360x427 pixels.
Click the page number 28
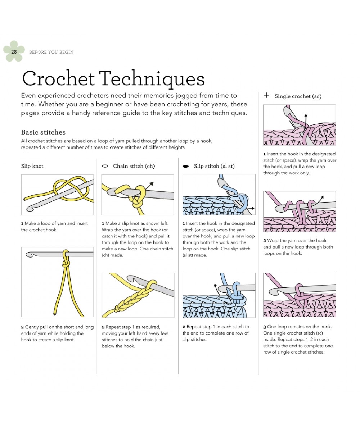[x=14, y=52]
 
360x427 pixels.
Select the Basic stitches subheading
[x=43, y=132]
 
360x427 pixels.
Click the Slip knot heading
[x=32, y=166]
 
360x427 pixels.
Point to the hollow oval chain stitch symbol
[x=105, y=166]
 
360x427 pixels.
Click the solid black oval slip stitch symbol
[x=186, y=167]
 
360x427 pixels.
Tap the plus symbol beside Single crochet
[x=266, y=96]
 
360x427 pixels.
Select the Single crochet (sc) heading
[x=298, y=96]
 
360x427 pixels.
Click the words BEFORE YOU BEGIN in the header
[x=51, y=52]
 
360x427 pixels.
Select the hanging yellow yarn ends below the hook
[x=61, y=291]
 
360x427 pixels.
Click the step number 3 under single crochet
[x=265, y=327]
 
